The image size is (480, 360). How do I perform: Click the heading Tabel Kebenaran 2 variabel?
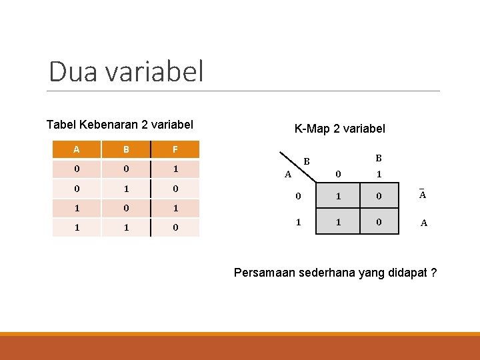point(120,125)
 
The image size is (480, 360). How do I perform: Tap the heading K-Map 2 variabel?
point(339,129)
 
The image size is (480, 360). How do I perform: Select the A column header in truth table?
point(77,149)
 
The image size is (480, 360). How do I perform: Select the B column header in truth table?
point(126,149)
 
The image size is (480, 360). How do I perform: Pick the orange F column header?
point(175,149)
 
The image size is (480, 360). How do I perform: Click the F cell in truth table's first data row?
point(175,169)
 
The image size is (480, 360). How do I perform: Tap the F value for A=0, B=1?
point(175,189)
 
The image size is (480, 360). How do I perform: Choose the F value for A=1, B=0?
point(175,208)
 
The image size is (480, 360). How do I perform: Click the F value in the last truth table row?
point(175,227)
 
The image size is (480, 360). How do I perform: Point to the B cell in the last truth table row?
point(126,227)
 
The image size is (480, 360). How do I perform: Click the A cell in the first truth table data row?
point(77,169)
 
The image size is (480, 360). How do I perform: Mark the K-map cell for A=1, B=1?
point(378,223)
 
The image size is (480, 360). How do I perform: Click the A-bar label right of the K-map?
point(423,195)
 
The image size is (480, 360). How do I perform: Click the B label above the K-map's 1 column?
point(378,159)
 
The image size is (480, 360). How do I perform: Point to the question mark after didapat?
point(434,273)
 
